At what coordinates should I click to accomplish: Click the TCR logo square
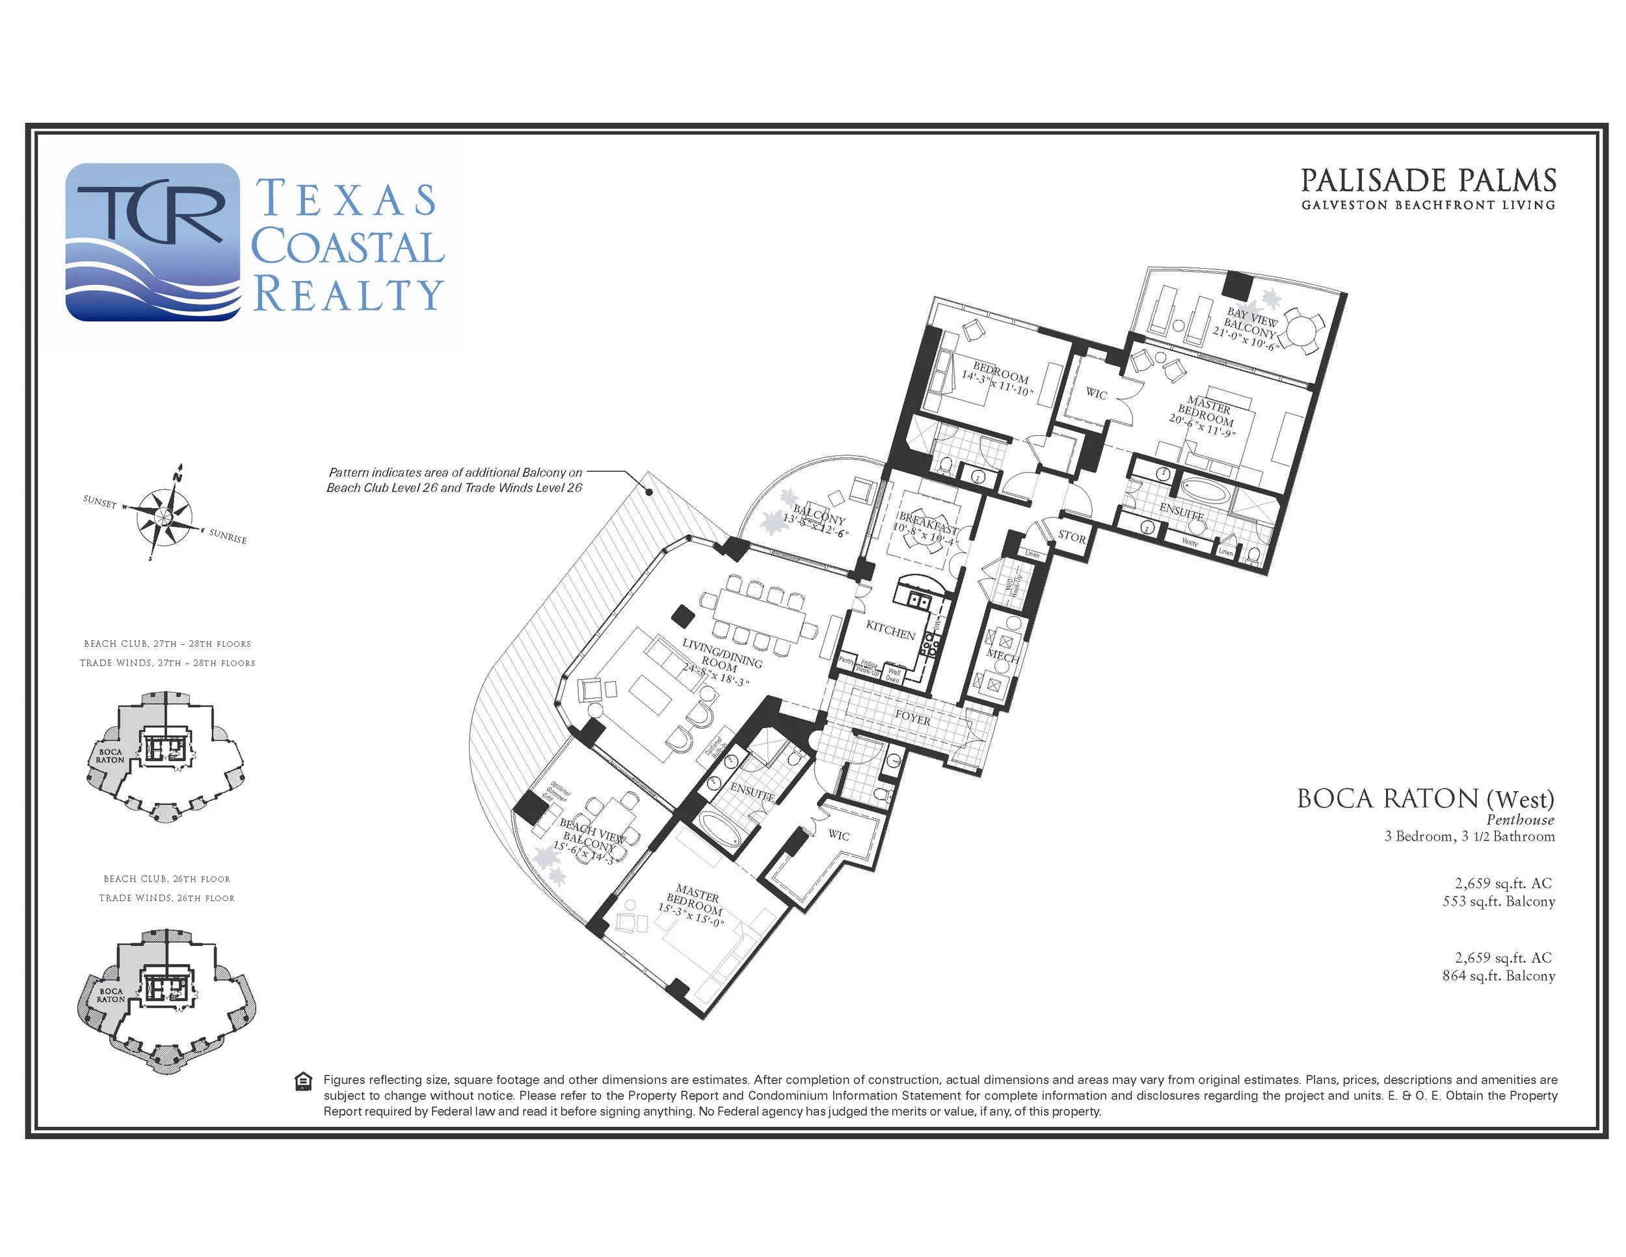coord(153,242)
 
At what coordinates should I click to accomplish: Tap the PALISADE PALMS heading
coord(1428,181)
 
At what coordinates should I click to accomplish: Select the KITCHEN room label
coord(890,630)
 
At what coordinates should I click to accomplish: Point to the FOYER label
coord(913,718)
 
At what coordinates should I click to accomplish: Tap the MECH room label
coord(1002,656)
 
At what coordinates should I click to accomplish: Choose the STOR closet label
coord(1071,536)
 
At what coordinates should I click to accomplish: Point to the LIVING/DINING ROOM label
coord(721,658)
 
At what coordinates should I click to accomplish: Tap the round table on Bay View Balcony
coord(1303,329)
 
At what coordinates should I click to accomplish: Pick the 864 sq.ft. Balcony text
coord(1498,975)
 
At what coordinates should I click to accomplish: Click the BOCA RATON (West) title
coord(1425,799)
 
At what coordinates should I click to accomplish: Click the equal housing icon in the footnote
coord(304,1081)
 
